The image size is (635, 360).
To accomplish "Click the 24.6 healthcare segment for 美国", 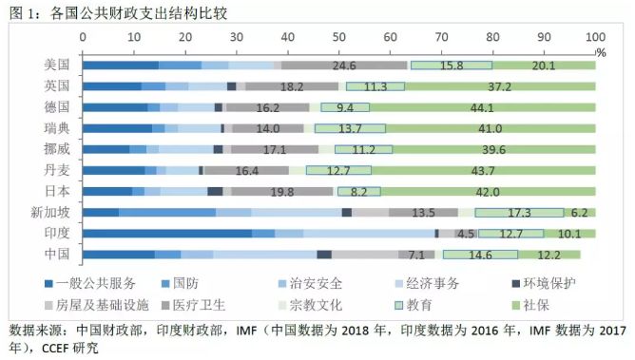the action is (x=344, y=66).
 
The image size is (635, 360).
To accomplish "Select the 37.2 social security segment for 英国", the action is (x=500, y=86).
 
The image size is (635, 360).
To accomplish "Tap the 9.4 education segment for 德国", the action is (x=345, y=107).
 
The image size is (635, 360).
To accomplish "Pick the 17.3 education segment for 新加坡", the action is (x=519, y=213).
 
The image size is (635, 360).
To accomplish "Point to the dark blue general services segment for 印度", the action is (x=167, y=234).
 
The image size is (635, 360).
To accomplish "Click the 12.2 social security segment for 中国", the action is (x=549, y=255).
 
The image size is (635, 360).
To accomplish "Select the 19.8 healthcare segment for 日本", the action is (x=282, y=191).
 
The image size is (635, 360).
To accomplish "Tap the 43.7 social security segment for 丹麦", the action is (x=484, y=170).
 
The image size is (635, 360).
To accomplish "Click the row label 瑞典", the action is (x=57, y=128).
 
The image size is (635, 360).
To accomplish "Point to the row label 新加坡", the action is (x=50, y=213).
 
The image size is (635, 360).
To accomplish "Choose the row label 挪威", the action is (x=57, y=149).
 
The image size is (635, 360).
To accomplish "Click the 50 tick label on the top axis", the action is (x=339, y=37).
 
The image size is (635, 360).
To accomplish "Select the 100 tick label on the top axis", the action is (x=595, y=37).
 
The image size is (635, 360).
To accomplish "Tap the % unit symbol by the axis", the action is (x=601, y=52).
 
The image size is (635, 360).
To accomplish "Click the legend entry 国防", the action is (x=181, y=283).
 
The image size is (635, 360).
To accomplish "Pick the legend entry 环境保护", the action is (x=544, y=283).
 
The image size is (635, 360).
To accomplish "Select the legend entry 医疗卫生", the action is (x=194, y=305).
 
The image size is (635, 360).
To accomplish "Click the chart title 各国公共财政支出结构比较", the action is (x=139, y=13).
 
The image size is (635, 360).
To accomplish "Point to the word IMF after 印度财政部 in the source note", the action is (x=246, y=331).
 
